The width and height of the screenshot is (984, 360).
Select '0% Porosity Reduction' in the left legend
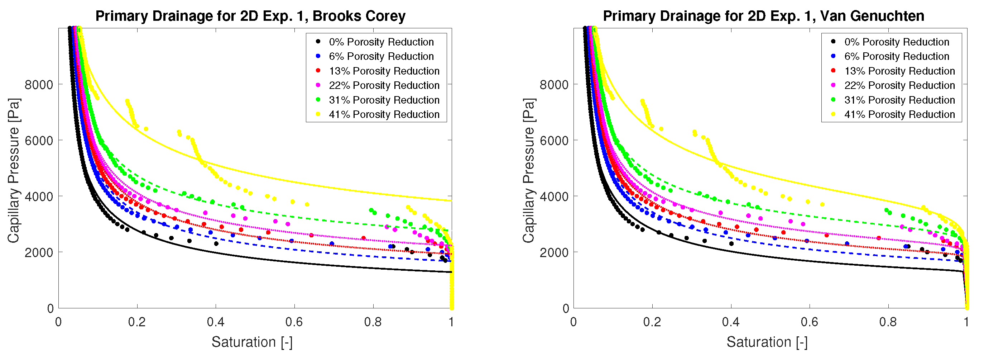pyautogui.click(x=381, y=42)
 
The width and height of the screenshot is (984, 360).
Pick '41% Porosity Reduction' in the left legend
pyautogui.click(x=384, y=114)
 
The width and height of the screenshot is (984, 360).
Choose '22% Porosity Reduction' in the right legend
pyautogui.click(x=899, y=85)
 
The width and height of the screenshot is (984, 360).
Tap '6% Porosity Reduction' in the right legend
pyautogui.click(x=896, y=56)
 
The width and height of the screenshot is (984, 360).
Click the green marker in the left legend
pyautogui.click(x=318, y=100)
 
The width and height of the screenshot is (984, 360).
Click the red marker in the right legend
pyautogui.click(x=833, y=71)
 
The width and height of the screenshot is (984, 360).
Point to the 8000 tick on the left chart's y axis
pyautogui.click(x=39, y=85)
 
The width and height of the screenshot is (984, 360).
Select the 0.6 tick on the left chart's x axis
pyautogui.click(x=294, y=322)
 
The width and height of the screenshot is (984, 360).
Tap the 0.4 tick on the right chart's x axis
pyautogui.click(x=731, y=322)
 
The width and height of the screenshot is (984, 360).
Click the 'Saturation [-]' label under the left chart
pyautogui.click(x=252, y=342)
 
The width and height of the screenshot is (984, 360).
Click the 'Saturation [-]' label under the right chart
pyautogui.click(x=767, y=342)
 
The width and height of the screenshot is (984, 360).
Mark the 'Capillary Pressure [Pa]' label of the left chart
pyautogui.click(x=14, y=170)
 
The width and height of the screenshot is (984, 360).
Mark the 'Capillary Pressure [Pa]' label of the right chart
pyautogui.click(x=529, y=170)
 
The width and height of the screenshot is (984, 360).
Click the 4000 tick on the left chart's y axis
pyautogui.click(x=39, y=196)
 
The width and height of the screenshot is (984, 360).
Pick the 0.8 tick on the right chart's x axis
pyautogui.click(x=888, y=322)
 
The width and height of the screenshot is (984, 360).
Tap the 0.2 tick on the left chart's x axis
pyautogui.click(x=137, y=322)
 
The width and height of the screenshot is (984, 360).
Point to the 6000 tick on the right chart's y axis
pyautogui.click(x=554, y=140)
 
